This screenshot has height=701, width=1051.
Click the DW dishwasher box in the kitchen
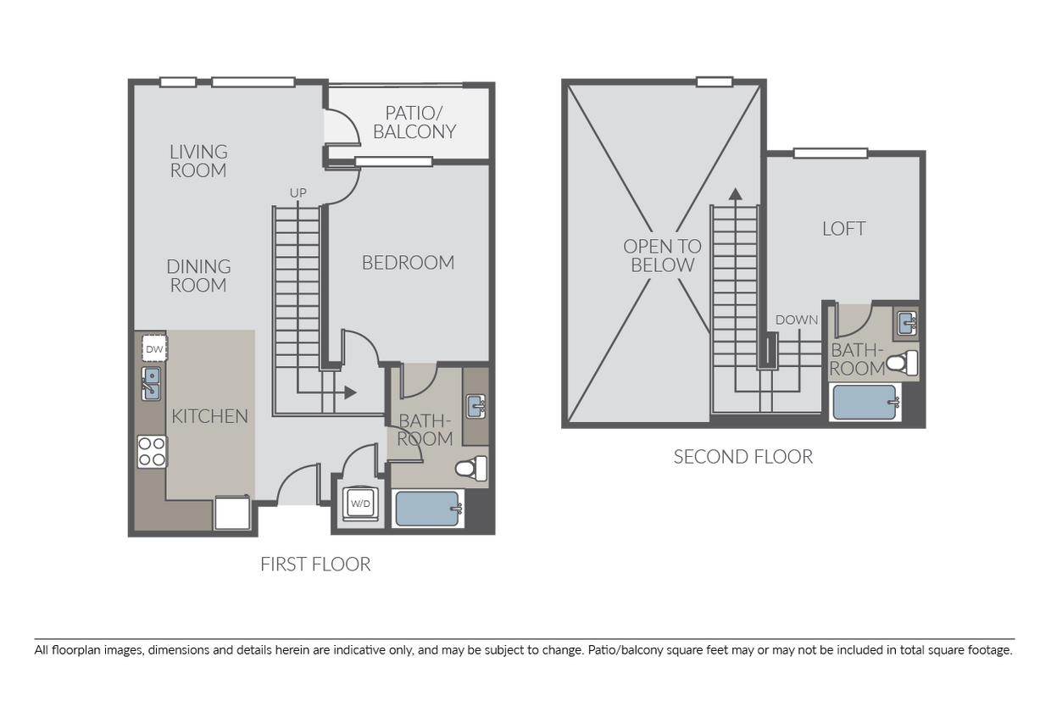pos(153,348)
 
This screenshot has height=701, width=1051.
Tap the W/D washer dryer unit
pos(360,503)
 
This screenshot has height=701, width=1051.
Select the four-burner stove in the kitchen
pos(152,451)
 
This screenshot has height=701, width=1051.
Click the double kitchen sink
pos(152,382)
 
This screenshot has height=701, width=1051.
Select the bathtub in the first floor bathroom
pos(429,509)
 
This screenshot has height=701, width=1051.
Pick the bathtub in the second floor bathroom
pos(865,403)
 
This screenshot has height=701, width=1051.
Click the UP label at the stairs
pos(298,193)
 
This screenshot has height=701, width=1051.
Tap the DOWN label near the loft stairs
pos(797,320)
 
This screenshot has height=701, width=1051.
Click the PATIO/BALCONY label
pos(414,122)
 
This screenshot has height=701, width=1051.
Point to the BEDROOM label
pos(408,263)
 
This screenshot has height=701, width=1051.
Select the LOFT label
pos(843,229)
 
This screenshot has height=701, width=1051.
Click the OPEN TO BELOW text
pos(662,255)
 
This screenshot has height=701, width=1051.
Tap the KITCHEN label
pos(209,416)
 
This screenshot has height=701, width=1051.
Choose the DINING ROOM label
pos(198,276)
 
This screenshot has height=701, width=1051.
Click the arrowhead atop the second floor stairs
pos(735,192)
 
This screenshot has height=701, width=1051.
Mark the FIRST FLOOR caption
pos(315,565)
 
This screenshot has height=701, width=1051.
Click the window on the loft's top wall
pos(830,153)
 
